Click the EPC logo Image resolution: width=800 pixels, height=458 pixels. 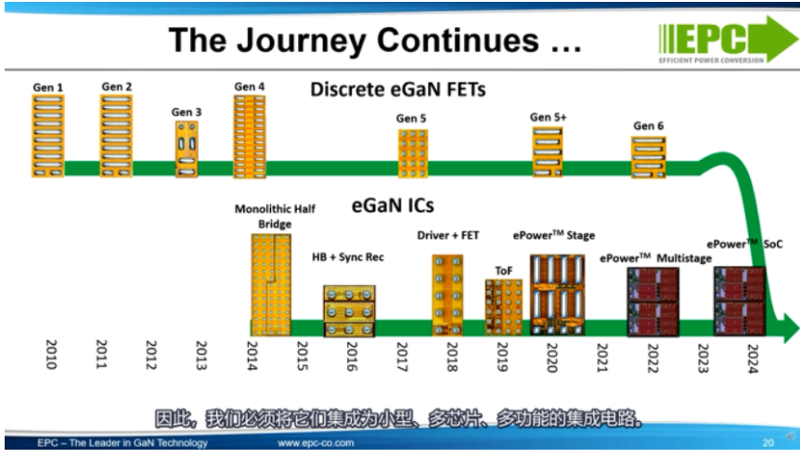(x=728, y=40)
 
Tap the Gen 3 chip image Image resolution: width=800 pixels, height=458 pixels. (x=187, y=149)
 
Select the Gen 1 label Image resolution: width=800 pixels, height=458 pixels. (x=48, y=87)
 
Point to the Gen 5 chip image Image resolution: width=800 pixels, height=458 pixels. (x=413, y=153)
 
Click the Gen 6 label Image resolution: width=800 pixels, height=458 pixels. (x=649, y=125)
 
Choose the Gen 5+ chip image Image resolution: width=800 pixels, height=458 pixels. (x=548, y=152)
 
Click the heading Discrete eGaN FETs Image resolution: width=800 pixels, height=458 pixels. (x=398, y=89)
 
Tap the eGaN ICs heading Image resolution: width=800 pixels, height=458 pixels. (x=393, y=205)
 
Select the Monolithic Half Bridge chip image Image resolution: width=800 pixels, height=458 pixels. (x=271, y=285)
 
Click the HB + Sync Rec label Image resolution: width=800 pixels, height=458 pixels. (x=348, y=256)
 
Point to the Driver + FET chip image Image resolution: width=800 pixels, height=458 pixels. (x=448, y=295)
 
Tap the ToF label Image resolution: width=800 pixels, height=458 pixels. (x=504, y=270)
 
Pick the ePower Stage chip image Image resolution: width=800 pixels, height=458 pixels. (x=557, y=295)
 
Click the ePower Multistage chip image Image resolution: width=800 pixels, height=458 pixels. (x=653, y=302)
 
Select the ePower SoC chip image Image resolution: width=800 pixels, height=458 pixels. (x=740, y=301)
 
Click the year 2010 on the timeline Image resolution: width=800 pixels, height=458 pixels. (x=51, y=354)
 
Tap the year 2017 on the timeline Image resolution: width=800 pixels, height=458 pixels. (x=402, y=357)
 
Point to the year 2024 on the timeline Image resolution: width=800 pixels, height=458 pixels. (x=753, y=359)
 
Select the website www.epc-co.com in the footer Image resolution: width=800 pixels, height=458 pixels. (x=316, y=443)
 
